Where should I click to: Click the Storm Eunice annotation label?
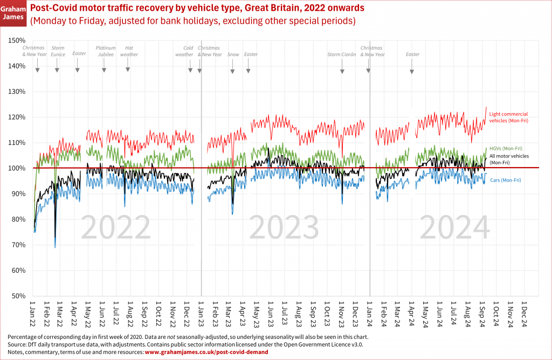pyautogui.click(x=58, y=51)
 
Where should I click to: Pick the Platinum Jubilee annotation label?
pyautogui.click(x=106, y=51)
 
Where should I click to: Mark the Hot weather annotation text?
pyautogui.click(x=128, y=51)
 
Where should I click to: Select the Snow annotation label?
pyautogui.click(x=233, y=54)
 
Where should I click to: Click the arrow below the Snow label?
pyautogui.click(x=233, y=71)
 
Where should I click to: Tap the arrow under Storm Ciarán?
pyautogui.click(x=342, y=71)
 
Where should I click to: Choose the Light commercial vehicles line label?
pyautogui.click(x=508, y=117)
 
